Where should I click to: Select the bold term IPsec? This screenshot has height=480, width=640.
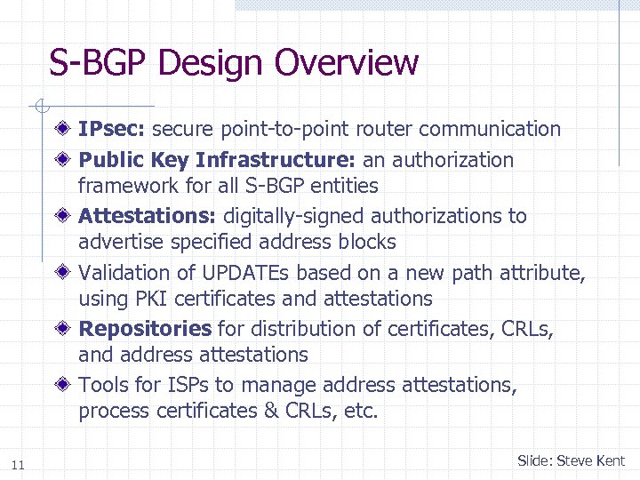(x=112, y=130)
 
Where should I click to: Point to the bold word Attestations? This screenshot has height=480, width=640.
(x=148, y=216)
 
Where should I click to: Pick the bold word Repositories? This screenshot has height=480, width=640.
(x=145, y=329)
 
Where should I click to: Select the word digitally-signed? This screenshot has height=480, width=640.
(x=298, y=216)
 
